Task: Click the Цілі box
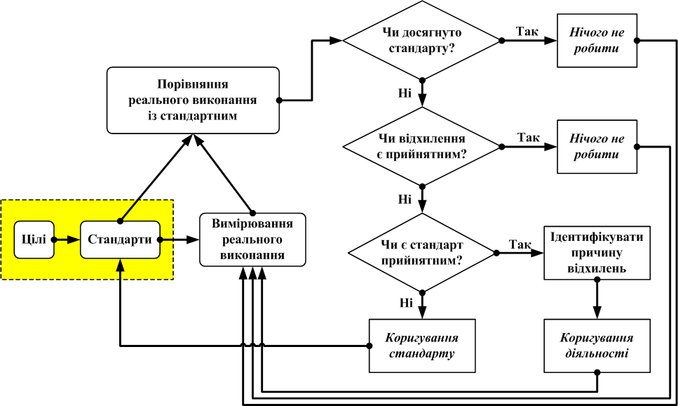point(31,240)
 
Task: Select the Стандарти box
point(121,240)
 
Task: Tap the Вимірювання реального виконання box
point(252,240)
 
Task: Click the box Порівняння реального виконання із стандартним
point(193,100)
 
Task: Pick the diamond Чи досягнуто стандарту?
point(422,41)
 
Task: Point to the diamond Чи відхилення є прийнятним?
point(422,146)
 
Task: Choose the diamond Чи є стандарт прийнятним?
point(422,252)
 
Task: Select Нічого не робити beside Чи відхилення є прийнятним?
point(597,147)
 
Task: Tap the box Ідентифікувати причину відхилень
point(597,251)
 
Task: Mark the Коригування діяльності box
point(597,346)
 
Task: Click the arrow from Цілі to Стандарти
point(64,240)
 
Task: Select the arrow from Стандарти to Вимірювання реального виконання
point(180,240)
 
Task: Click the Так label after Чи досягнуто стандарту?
point(527,32)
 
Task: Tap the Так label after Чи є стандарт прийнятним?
point(520,244)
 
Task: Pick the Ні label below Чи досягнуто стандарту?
point(405,93)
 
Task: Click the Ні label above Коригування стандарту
point(406,303)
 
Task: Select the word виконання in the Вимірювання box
point(252,255)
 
